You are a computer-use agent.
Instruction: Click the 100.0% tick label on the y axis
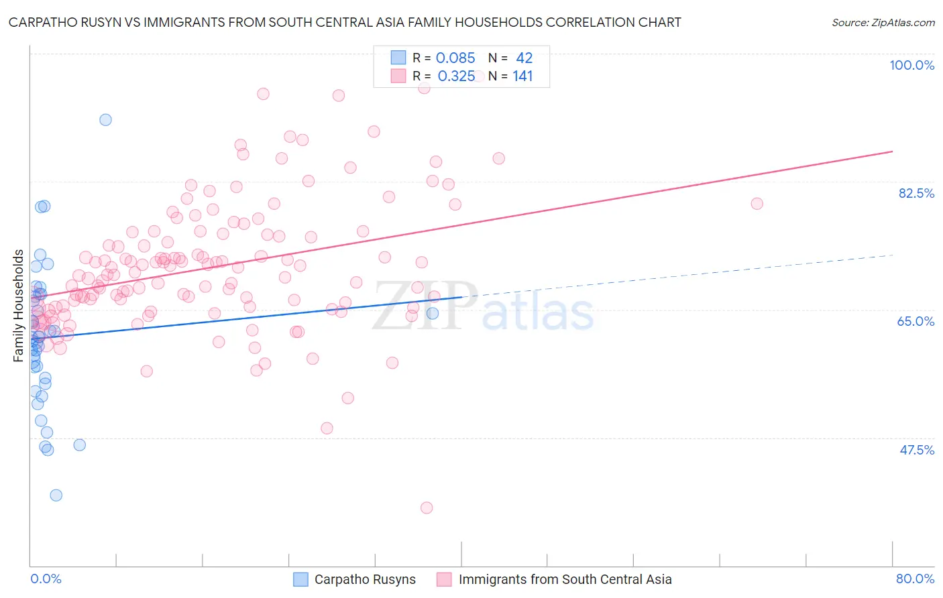tap(911, 65)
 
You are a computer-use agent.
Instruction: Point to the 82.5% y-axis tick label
tap(916, 193)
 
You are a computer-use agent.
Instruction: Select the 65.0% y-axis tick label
tap(916, 321)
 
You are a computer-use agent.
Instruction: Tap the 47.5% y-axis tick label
tap(916, 450)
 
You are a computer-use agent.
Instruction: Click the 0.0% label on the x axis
tap(46, 579)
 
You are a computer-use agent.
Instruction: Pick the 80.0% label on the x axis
tap(915, 579)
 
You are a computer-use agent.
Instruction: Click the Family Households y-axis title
tap(19, 306)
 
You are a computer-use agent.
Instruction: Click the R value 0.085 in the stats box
tap(455, 58)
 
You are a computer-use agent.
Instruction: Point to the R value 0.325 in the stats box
tap(456, 76)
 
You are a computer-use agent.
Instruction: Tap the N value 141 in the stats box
tap(522, 76)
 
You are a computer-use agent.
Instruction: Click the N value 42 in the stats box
tap(524, 58)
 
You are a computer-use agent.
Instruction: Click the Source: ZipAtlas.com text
tap(883, 23)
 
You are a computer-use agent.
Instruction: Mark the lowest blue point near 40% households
tap(56, 495)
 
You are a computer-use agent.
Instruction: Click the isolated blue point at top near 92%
tap(105, 120)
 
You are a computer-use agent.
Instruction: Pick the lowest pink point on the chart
tap(427, 507)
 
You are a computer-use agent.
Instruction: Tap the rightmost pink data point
tap(757, 204)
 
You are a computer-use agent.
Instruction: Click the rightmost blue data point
tap(433, 313)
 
